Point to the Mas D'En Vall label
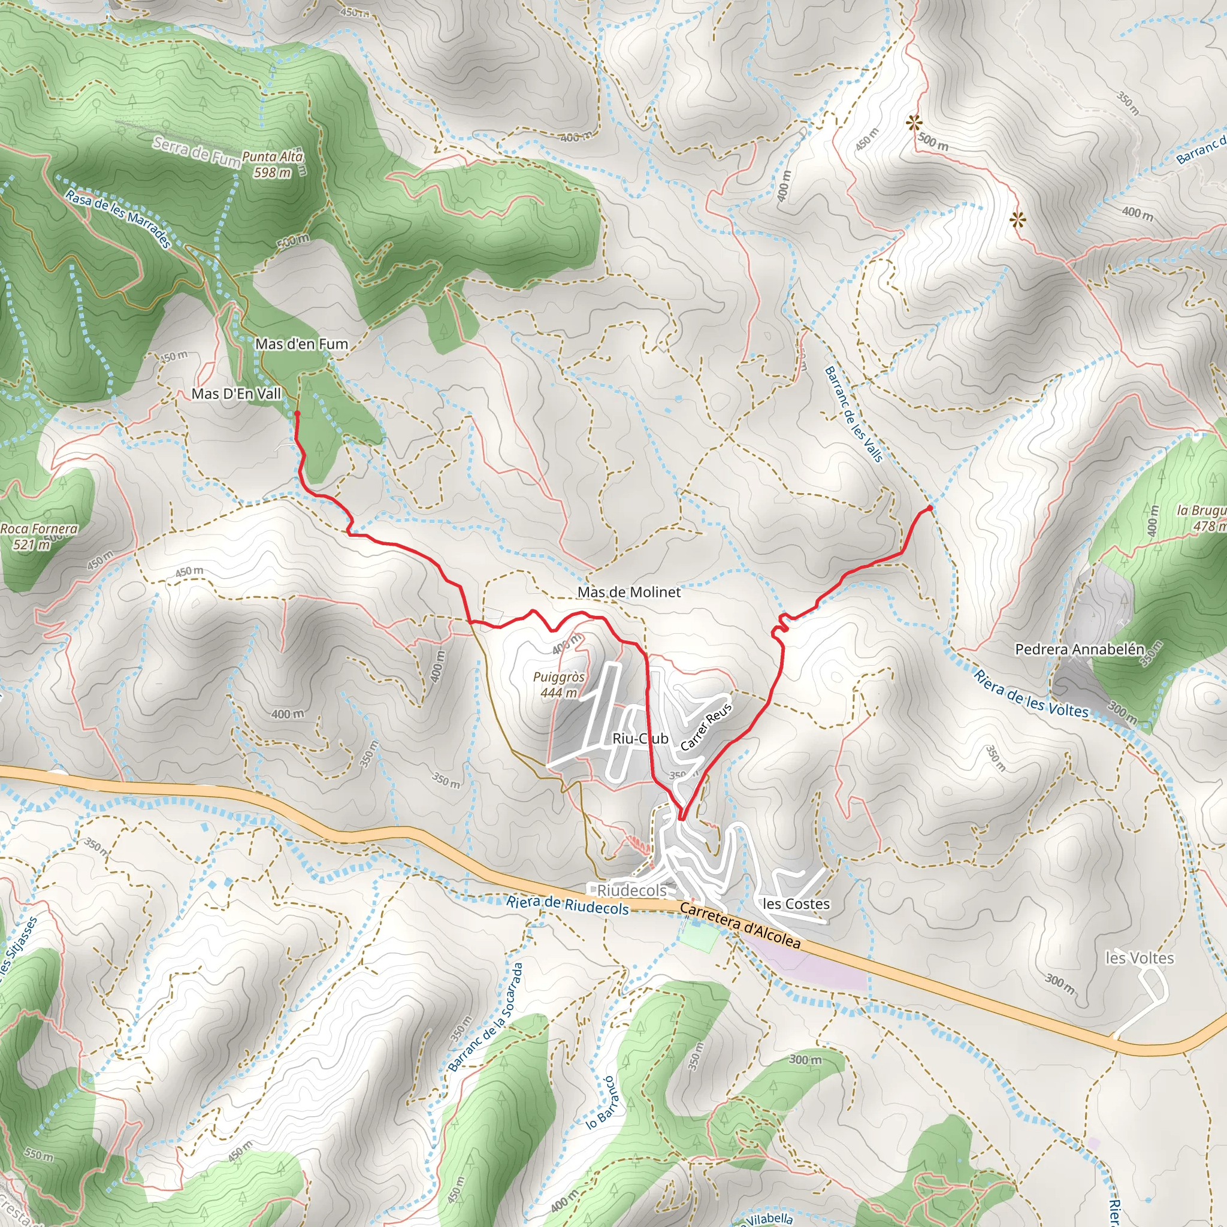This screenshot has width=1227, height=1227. (x=236, y=394)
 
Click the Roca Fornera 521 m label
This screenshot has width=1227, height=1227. (x=38, y=536)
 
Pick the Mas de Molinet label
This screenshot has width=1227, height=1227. (x=628, y=592)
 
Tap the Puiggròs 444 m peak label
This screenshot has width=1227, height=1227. (x=559, y=685)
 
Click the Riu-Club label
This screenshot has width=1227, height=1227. (x=640, y=739)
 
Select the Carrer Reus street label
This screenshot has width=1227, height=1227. (x=706, y=727)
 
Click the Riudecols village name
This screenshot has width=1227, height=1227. (x=632, y=890)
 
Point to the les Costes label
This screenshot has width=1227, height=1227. (x=796, y=903)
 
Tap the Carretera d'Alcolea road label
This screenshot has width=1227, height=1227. (x=740, y=925)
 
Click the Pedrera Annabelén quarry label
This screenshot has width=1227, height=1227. (x=1080, y=649)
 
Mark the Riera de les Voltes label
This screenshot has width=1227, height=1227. (x=1030, y=694)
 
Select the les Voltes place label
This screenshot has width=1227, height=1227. (x=1140, y=958)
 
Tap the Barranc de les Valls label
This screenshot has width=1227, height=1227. (x=854, y=414)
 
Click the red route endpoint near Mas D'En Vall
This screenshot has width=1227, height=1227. (x=297, y=413)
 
